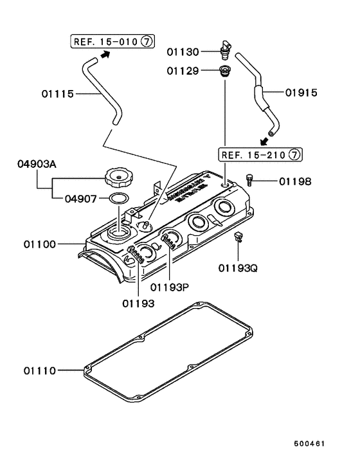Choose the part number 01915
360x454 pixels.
pos(300,93)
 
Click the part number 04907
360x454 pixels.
pos(81,198)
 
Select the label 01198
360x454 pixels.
pos(294,181)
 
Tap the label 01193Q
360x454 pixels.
pos(237,267)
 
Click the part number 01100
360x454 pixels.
pos(40,244)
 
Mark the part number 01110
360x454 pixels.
pos(40,370)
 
